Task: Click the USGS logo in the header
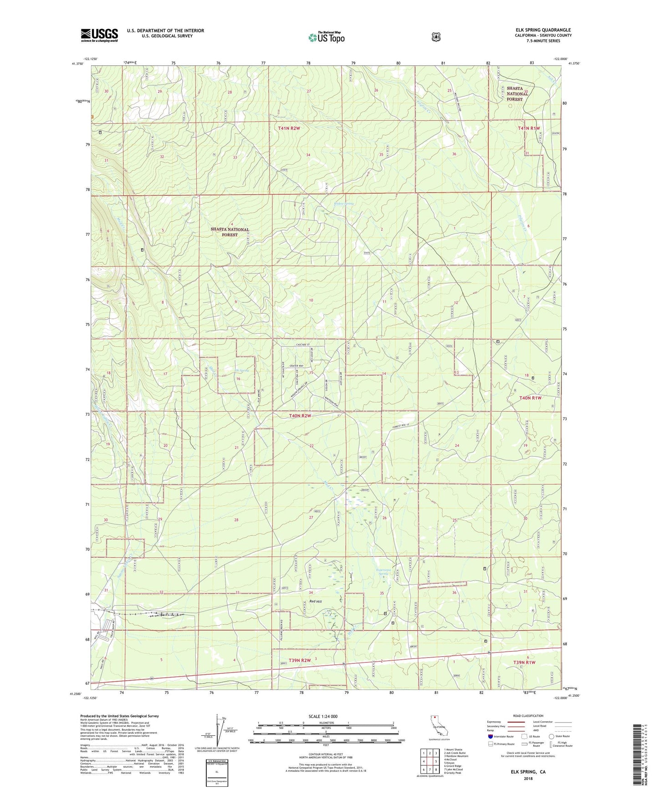click(x=99, y=35)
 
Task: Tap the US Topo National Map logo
click(x=326, y=37)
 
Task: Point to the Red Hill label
click(x=316, y=601)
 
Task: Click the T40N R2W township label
click(x=301, y=416)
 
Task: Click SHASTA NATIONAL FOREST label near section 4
click(x=230, y=232)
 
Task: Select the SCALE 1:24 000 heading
click(x=323, y=716)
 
